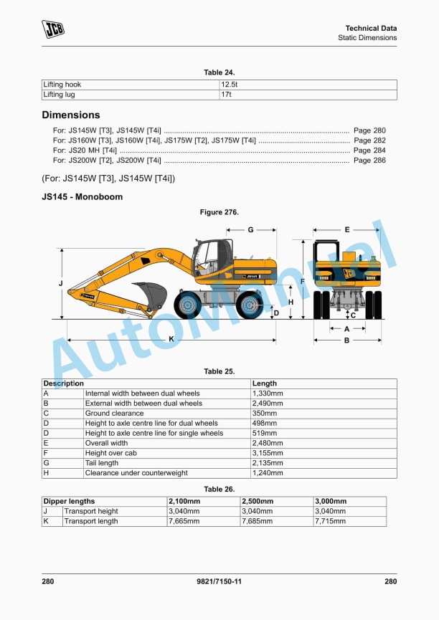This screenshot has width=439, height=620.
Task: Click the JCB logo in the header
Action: pos(53,29)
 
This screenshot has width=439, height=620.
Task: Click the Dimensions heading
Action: pos(71,115)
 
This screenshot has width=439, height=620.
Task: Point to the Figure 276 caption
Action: pos(219,212)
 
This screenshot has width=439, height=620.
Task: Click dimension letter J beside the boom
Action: pos(60,285)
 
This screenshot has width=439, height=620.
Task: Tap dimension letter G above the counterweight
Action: pos(250,230)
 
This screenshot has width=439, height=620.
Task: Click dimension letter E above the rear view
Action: pos(347,230)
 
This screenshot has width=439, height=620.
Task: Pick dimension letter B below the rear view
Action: pos(346,340)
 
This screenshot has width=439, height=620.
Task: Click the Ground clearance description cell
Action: pos(113,414)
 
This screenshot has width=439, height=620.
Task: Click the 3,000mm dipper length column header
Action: pos(331,501)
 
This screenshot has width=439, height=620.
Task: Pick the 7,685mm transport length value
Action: pos(257,521)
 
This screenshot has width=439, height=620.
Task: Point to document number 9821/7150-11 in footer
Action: pos(219,582)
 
